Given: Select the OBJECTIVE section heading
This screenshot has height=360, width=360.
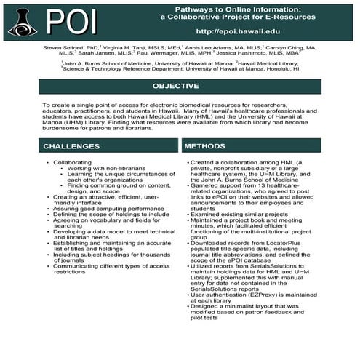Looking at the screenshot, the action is point(179,86).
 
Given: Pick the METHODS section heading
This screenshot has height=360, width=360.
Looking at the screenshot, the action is point(204,146).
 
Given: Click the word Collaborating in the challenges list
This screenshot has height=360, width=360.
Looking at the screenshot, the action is point(73,164).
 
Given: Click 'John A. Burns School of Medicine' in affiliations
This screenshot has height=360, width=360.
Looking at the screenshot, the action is point(108,64).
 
